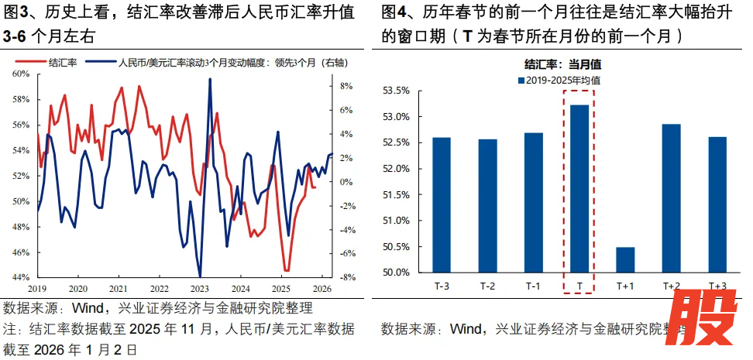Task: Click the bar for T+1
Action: [x=624, y=259]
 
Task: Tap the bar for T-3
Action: [x=442, y=204]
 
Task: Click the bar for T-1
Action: [x=533, y=202]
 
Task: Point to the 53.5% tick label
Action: [x=396, y=91]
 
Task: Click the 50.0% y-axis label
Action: [x=396, y=273]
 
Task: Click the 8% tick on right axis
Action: [x=346, y=86]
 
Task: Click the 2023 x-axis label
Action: [x=200, y=288]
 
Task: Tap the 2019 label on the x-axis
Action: [x=38, y=288]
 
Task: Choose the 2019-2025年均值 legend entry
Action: [x=558, y=80]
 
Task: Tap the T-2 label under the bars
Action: [x=487, y=286]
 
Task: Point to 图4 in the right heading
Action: [x=396, y=12]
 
